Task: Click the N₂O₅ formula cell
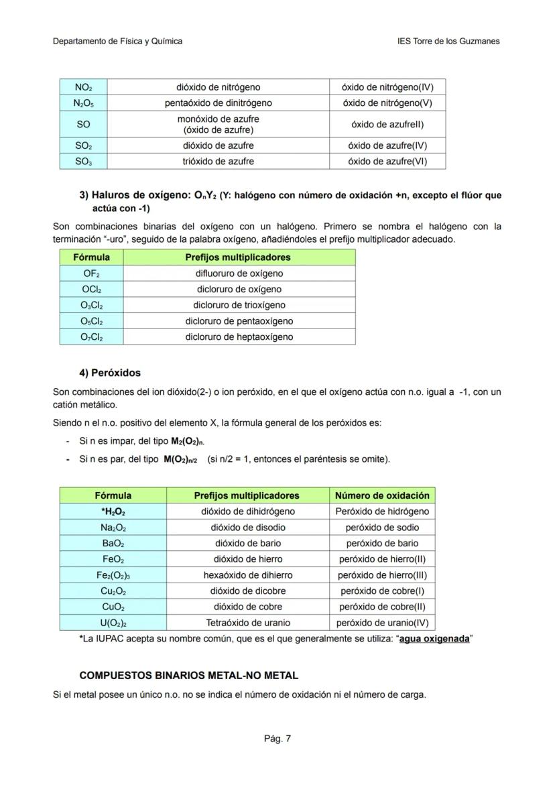click(x=83, y=103)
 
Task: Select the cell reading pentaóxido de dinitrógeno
click(x=218, y=103)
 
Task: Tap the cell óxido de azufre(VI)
click(x=387, y=162)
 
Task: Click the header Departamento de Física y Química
click(x=117, y=41)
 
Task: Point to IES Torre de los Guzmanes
click(x=448, y=41)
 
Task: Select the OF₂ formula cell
click(x=91, y=274)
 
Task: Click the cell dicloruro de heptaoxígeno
click(x=239, y=337)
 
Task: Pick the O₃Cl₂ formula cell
click(x=91, y=306)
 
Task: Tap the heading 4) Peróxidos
click(x=110, y=373)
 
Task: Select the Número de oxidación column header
click(x=381, y=495)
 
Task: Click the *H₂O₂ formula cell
click(x=113, y=511)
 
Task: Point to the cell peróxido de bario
click(x=381, y=544)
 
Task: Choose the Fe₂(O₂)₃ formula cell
click(x=113, y=575)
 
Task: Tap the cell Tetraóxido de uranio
click(x=247, y=623)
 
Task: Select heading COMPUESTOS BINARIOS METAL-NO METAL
click(x=188, y=675)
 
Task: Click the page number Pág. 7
click(x=277, y=739)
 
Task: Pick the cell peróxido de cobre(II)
click(x=381, y=607)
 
